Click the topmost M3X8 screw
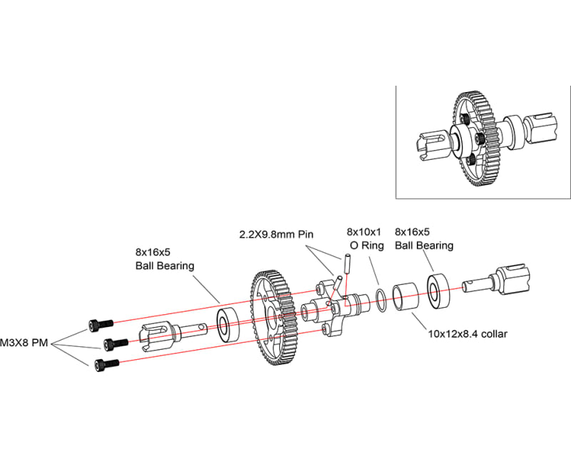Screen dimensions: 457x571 click(100, 325)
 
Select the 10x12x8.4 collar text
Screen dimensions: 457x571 click(466, 333)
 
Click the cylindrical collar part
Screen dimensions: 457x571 click(408, 294)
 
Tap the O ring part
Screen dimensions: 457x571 click(383, 300)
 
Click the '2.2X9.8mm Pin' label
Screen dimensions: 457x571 click(276, 234)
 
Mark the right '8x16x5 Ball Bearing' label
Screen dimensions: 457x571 click(423, 238)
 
